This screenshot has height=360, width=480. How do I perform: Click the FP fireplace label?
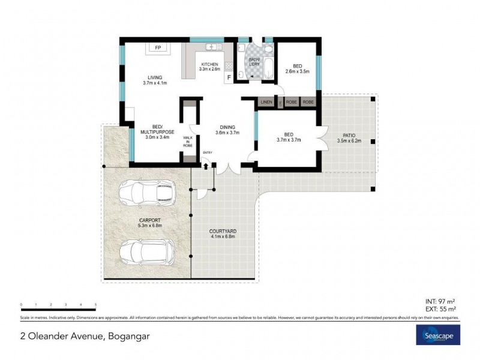[158, 48]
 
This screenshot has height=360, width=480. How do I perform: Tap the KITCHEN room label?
[209, 64]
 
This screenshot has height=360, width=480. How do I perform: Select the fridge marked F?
[228, 77]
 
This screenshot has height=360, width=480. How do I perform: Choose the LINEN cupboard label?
[266, 103]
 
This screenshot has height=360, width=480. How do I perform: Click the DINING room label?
[227, 127]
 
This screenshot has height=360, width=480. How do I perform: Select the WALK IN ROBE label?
[188, 142]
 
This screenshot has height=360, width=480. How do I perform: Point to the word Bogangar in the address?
[128, 336]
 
